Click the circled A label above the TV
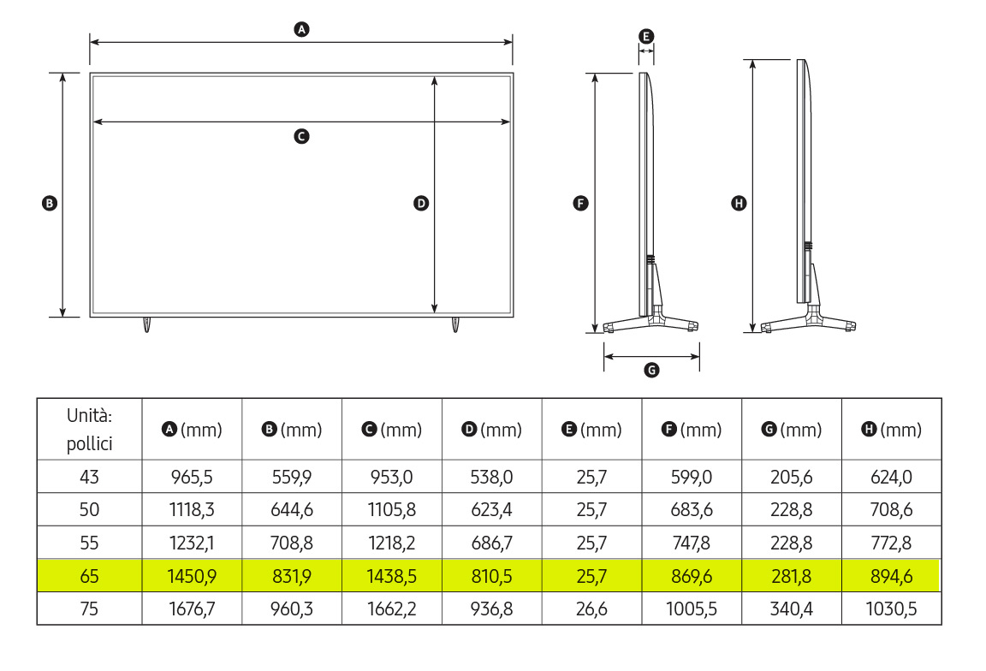[x=302, y=29]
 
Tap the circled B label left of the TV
[x=49, y=203]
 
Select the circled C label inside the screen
[x=302, y=136]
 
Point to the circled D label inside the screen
[x=421, y=203]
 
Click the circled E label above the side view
[x=646, y=37]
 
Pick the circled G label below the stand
[x=651, y=370]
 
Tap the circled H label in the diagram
[x=739, y=203]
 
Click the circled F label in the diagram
[x=580, y=203]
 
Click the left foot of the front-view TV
[x=146, y=324]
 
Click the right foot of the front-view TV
[x=455, y=324]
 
